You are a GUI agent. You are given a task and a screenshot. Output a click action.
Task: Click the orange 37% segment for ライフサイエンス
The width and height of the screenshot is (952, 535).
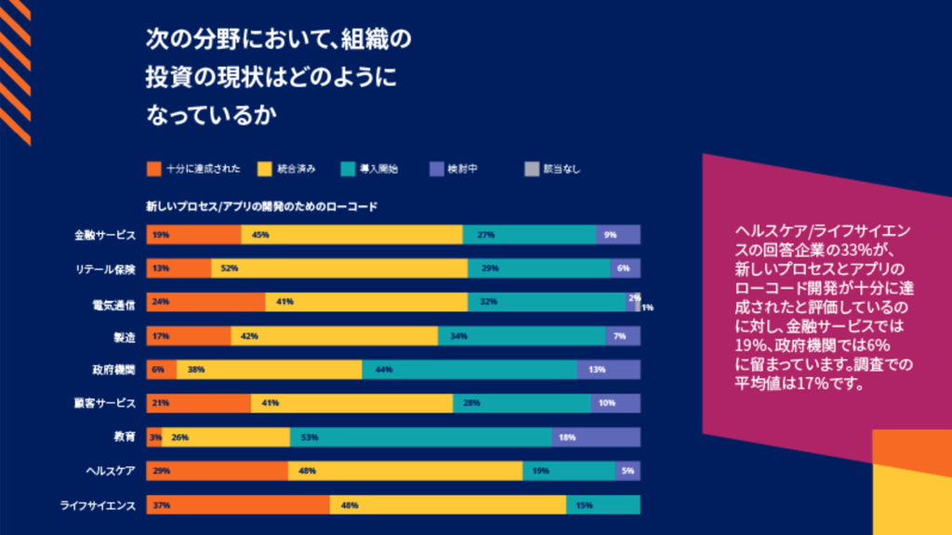[x=238, y=505]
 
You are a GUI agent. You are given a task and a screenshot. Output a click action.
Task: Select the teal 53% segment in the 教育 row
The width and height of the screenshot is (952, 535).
[x=420, y=437]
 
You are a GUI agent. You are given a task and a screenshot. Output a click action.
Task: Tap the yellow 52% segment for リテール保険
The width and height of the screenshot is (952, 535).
[x=339, y=268]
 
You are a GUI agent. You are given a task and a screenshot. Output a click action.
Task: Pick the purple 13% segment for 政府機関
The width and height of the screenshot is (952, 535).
[x=608, y=370]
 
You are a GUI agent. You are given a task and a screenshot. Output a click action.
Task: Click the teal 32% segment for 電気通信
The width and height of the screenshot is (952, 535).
[x=547, y=302]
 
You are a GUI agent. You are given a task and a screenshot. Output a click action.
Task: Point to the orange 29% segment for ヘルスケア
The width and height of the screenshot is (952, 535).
[x=217, y=471]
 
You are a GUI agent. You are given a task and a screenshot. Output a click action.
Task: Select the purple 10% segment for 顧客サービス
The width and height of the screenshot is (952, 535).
[x=615, y=403]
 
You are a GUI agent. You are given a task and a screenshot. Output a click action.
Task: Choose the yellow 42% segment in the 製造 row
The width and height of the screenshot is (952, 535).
[x=334, y=336]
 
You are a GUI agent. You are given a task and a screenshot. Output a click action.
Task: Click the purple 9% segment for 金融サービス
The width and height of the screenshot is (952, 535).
[x=618, y=235]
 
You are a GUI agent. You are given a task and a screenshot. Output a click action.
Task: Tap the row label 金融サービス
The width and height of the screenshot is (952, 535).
[x=105, y=235]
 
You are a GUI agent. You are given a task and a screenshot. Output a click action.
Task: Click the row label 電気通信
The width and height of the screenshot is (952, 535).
[x=114, y=303]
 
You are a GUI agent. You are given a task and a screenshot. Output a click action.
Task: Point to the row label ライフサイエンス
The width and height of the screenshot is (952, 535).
[x=99, y=505]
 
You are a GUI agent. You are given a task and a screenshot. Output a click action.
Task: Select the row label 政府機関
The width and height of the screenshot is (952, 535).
[x=114, y=370]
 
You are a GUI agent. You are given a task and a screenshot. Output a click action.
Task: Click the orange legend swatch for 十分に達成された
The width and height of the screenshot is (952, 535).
[x=153, y=169]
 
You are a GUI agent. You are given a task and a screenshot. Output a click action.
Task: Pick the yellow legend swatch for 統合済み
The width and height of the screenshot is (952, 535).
[x=264, y=169]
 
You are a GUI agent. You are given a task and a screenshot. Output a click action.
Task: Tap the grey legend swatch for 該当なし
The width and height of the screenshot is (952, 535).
[x=532, y=169]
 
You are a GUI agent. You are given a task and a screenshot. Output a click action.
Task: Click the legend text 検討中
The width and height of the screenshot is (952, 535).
[x=462, y=169]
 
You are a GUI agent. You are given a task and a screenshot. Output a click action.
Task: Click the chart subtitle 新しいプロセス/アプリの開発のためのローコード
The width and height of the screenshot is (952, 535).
[x=261, y=206]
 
